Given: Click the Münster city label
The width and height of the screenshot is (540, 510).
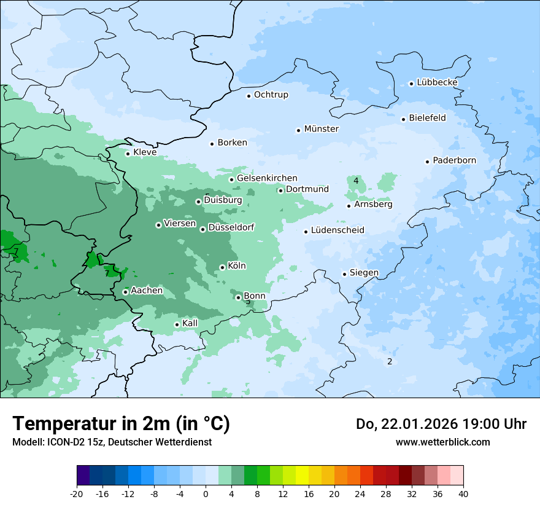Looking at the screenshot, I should [x=321, y=129].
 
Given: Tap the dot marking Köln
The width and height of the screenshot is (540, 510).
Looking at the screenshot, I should [x=222, y=267].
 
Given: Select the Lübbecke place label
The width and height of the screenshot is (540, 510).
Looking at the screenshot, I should [x=437, y=82].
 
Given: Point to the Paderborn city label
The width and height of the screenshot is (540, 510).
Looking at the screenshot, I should [x=454, y=160].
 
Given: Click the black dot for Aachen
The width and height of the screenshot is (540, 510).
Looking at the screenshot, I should [x=125, y=292].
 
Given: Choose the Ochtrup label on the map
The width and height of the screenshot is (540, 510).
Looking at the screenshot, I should [x=271, y=95].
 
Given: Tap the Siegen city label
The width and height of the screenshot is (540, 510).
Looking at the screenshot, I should [x=364, y=273].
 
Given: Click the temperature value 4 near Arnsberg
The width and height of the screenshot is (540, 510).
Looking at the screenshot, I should [x=356, y=181].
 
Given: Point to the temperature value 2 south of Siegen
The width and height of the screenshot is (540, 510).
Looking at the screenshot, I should [x=389, y=361].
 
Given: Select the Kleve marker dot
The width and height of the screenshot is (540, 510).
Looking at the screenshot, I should [x=128, y=154].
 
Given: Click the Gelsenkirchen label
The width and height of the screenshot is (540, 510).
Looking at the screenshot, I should [x=267, y=178].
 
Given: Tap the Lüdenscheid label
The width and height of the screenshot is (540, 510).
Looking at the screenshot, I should [x=337, y=230].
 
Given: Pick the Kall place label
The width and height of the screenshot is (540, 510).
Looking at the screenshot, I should [x=190, y=323].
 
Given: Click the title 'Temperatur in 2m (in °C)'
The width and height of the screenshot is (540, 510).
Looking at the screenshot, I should [x=121, y=423].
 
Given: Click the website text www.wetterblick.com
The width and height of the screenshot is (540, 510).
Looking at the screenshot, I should [x=442, y=442].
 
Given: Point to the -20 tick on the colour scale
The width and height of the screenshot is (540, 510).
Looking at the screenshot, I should [x=77, y=494].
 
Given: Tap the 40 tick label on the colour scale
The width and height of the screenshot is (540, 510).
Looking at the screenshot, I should [x=463, y=494].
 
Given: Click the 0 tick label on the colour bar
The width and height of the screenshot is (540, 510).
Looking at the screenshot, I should [x=206, y=494].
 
